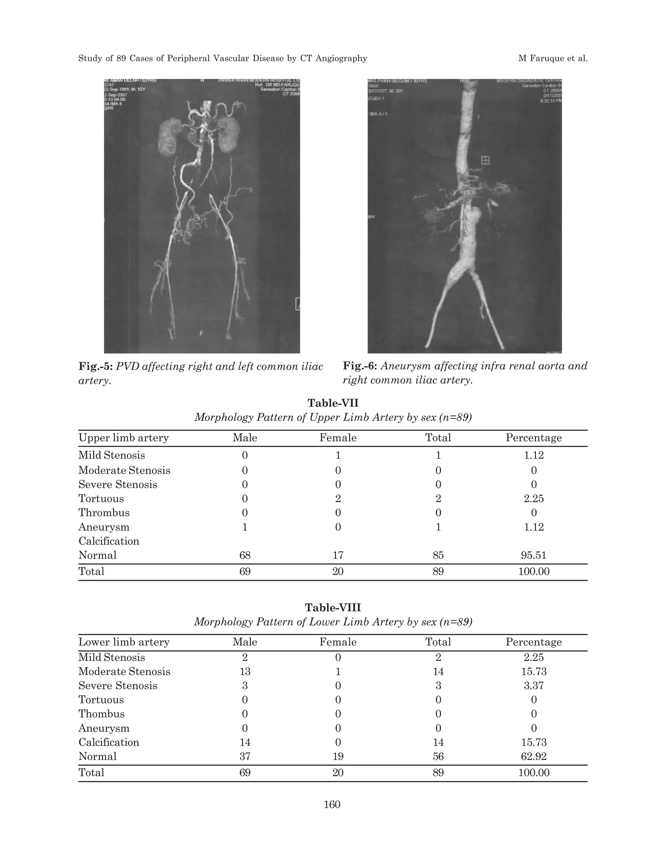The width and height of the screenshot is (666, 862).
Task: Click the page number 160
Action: (x=332, y=804)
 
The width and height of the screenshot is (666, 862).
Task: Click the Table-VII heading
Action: (x=333, y=403)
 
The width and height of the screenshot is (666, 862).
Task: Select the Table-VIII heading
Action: (x=333, y=607)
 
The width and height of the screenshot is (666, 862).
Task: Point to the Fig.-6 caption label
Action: (x=360, y=366)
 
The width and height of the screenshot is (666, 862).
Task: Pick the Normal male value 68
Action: (x=245, y=555)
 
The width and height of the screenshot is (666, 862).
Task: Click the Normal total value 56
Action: (x=438, y=756)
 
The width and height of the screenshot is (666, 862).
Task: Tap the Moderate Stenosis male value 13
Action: (x=245, y=671)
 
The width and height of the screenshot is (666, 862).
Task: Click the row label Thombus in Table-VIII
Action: (x=101, y=714)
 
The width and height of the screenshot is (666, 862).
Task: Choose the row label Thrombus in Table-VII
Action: (x=104, y=513)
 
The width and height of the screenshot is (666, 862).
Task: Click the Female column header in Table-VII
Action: (x=338, y=438)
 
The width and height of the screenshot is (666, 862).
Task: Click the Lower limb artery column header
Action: (x=124, y=642)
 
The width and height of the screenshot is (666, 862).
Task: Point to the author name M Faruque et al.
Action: (x=553, y=59)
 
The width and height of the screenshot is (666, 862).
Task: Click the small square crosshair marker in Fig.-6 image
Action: (x=485, y=160)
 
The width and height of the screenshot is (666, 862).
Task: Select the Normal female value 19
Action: (x=338, y=756)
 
